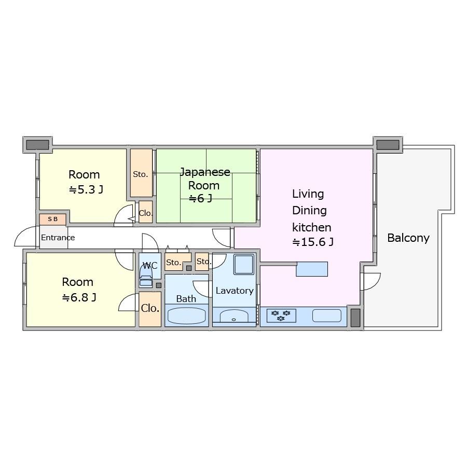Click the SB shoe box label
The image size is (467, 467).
point(53,219)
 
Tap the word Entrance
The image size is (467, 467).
point(58,238)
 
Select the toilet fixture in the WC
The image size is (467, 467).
point(146,277)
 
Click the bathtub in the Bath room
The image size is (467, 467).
point(187,315)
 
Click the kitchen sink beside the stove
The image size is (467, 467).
point(327,315)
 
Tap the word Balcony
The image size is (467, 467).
point(408,238)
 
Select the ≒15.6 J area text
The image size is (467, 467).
point(313,242)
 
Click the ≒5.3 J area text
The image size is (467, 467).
point(86,189)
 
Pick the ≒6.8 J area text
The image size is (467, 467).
point(79,297)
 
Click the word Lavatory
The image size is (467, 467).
point(235,291)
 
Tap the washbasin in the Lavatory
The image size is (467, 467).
point(234,316)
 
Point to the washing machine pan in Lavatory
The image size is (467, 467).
point(244,264)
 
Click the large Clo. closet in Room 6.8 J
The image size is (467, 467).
point(150,309)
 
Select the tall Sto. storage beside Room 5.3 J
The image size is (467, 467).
point(141,173)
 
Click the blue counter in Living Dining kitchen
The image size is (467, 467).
point(312,269)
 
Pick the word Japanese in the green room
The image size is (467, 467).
point(205,172)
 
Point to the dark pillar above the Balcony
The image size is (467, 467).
point(388,145)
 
